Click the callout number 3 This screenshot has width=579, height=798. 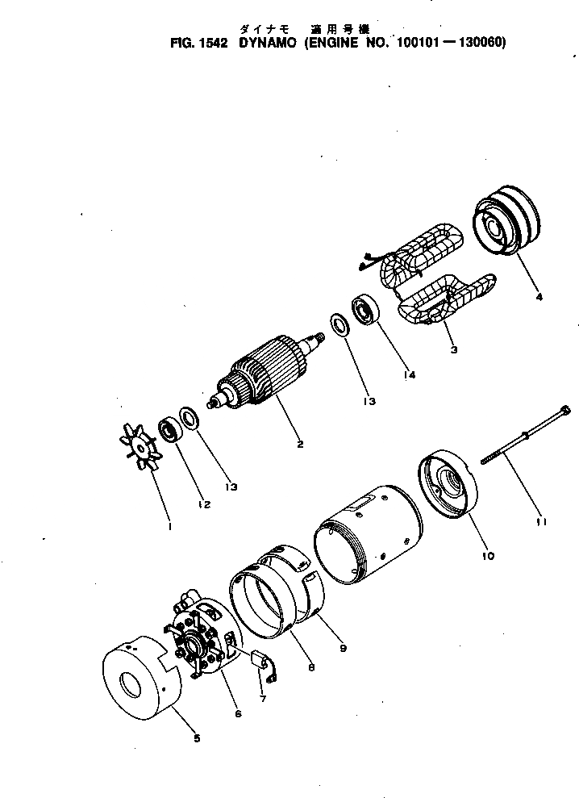point(454,350)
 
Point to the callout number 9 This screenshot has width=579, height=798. point(344,648)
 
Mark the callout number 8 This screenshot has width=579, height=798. point(311,668)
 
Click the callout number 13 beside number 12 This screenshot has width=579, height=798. point(231,487)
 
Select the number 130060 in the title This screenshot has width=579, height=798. point(481,43)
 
